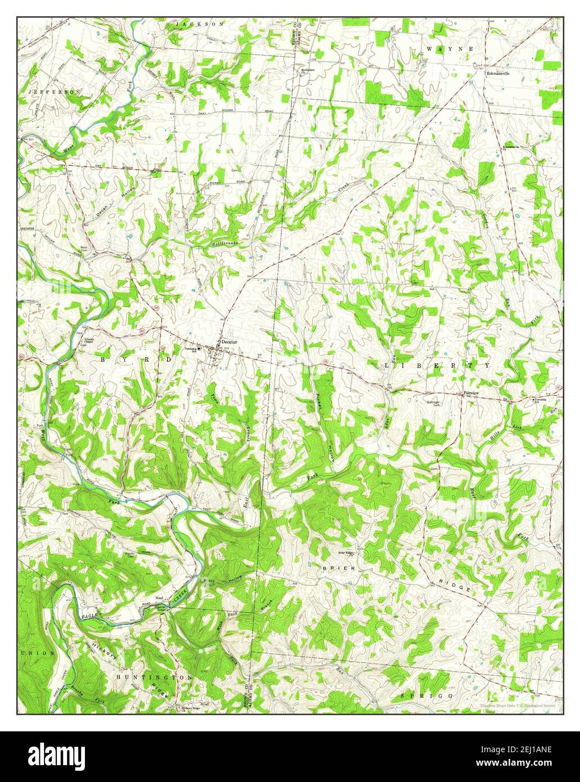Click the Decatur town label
230,342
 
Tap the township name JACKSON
200,24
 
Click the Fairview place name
471,393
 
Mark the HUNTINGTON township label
155,677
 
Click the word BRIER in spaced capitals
339,569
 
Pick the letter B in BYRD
103,358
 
